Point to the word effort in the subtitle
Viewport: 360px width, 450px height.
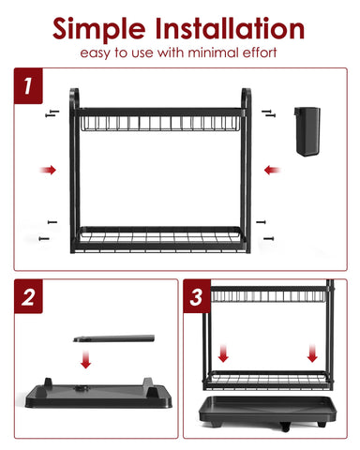click(x=261, y=52)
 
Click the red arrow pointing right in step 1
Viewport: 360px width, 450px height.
click(x=48, y=170)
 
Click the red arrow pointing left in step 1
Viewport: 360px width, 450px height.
click(x=272, y=170)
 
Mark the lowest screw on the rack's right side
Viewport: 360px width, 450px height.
click(x=270, y=239)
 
